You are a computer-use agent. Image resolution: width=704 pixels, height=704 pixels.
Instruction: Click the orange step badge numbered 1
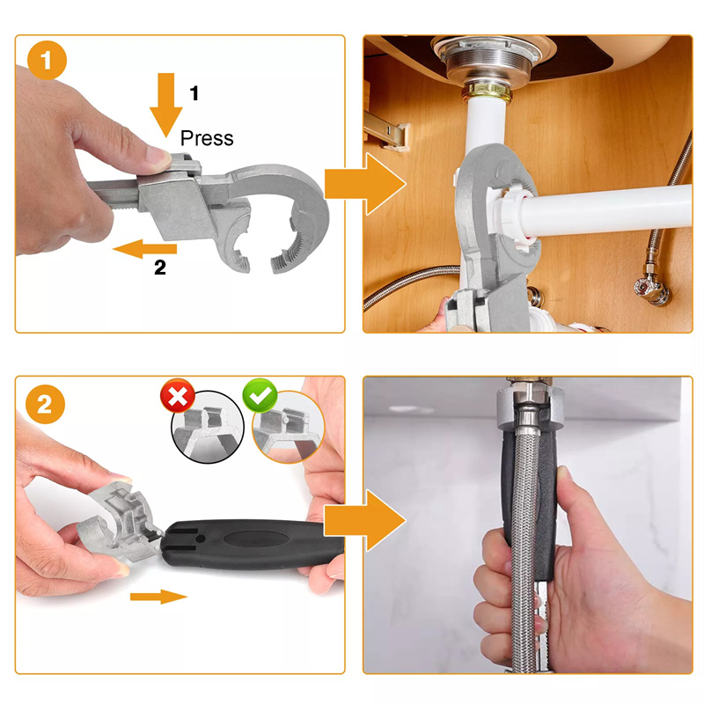pyautogui.click(x=47, y=60)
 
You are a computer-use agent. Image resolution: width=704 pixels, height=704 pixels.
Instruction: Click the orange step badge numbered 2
pyautogui.click(x=45, y=404)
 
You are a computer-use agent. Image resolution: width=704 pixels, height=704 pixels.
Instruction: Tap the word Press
pyautogui.click(x=207, y=138)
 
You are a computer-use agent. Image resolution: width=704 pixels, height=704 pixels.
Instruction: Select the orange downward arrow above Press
pyautogui.click(x=165, y=105)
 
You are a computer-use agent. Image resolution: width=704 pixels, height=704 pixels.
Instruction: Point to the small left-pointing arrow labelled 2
pyautogui.click(x=144, y=249)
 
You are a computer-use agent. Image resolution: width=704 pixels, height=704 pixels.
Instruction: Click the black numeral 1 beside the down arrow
pyautogui.click(x=194, y=93)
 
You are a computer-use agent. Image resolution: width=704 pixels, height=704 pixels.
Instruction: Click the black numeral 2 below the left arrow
pyautogui.click(x=160, y=268)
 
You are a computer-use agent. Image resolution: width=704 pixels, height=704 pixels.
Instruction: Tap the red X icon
pyautogui.click(x=178, y=395)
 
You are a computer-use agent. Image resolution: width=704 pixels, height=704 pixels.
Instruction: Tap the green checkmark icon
pyautogui.click(x=260, y=395)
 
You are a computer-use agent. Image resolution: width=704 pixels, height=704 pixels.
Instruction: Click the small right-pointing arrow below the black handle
pyautogui.click(x=158, y=597)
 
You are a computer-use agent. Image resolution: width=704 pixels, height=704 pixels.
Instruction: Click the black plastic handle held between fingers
pyautogui.click(x=252, y=544)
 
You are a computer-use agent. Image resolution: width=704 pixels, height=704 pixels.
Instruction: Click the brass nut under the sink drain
pyautogui.click(x=488, y=92)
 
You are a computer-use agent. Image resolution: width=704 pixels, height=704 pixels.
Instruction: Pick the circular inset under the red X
pyautogui.click(x=208, y=427)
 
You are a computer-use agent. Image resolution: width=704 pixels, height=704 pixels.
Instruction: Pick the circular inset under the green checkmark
pyautogui.click(x=289, y=427)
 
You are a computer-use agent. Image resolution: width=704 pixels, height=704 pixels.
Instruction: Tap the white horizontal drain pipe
pyautogui.click(x=606, y=209)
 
